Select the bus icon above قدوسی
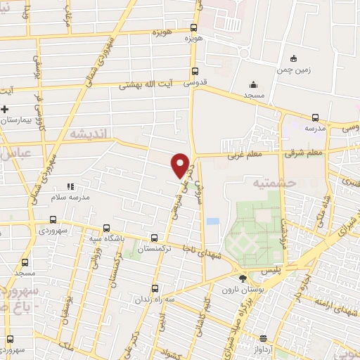(x=195, y=70)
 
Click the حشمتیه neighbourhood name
(x=263, y=182)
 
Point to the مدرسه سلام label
(x=70, y=198)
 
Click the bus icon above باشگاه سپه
(x=106, y=228)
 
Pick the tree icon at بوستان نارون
(x=243, y=278)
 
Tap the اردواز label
(x=266, y=349)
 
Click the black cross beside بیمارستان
(x=5, y=109)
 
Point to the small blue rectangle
(x=212, y=221)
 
